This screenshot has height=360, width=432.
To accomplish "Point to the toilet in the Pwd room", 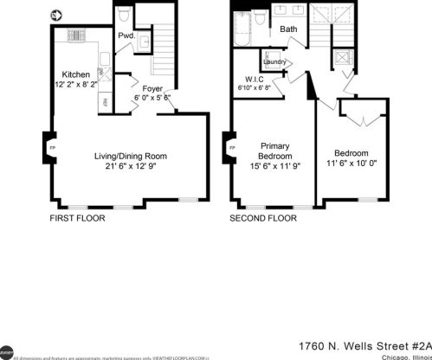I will pos(123,16).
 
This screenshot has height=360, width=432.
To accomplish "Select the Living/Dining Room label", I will pos(130,157).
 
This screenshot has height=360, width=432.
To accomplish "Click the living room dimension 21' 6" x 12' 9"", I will pos(130,167).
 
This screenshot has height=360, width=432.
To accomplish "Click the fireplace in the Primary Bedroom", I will pos(231,146).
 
